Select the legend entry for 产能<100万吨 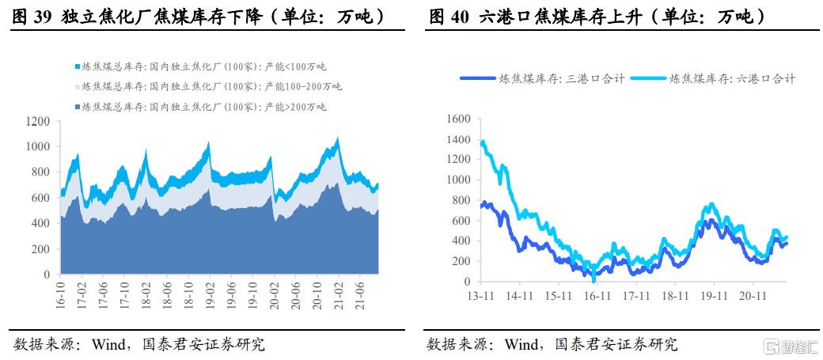(x=198, y=67)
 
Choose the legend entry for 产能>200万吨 (x=198, y=106)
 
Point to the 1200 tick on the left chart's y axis (x=38, y=121)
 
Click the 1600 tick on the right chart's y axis (x=457, y=119)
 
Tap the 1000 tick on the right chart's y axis (x=457, y=180)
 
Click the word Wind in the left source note (x=109, y=344)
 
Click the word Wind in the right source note (x=522, y=344)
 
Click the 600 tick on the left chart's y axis (x=41, y=198)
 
